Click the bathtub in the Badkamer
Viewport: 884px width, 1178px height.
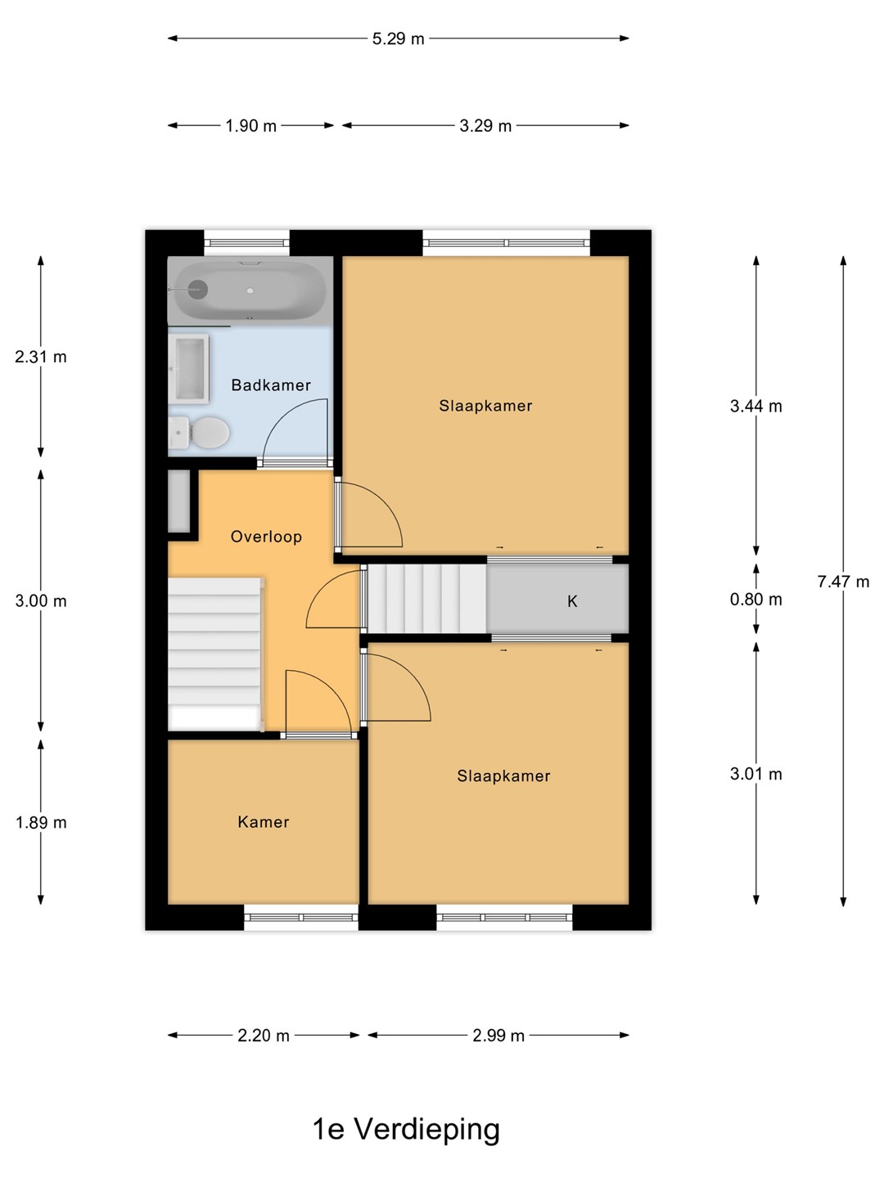click(x=250, y=291)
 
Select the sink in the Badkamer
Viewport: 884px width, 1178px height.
click(x=188, y=369)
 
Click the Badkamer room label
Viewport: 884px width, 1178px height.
click(x=270, y=385)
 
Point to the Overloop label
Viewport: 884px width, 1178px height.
click(x=266, y=537)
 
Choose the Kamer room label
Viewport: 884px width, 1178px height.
click(x=263, y=821)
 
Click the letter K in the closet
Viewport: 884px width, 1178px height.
click(x=572, y=601)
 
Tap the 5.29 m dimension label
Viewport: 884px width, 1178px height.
click(x=399, y=39)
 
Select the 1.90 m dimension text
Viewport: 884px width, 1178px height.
click(x=250, y=126)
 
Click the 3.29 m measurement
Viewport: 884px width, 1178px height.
click(x=485, y=126)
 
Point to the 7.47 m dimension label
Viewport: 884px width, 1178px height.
click(x=843, y=581)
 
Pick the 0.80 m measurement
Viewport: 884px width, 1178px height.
click(x=755, y=599)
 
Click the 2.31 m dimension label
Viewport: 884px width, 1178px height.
click(x=41, y=357)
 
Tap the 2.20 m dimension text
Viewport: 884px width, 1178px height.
click(x=264, y=1035)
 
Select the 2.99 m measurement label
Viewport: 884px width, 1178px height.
click(x=498, y=1035)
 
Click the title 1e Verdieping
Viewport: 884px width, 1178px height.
click(x=406, y=1129)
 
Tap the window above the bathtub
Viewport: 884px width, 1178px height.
click(x=247, y=243)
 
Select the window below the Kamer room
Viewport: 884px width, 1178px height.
click(x=301, y=917)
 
